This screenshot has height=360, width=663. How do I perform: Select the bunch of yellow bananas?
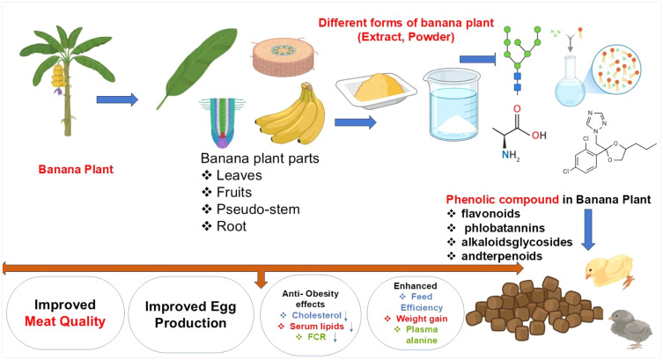291,120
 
